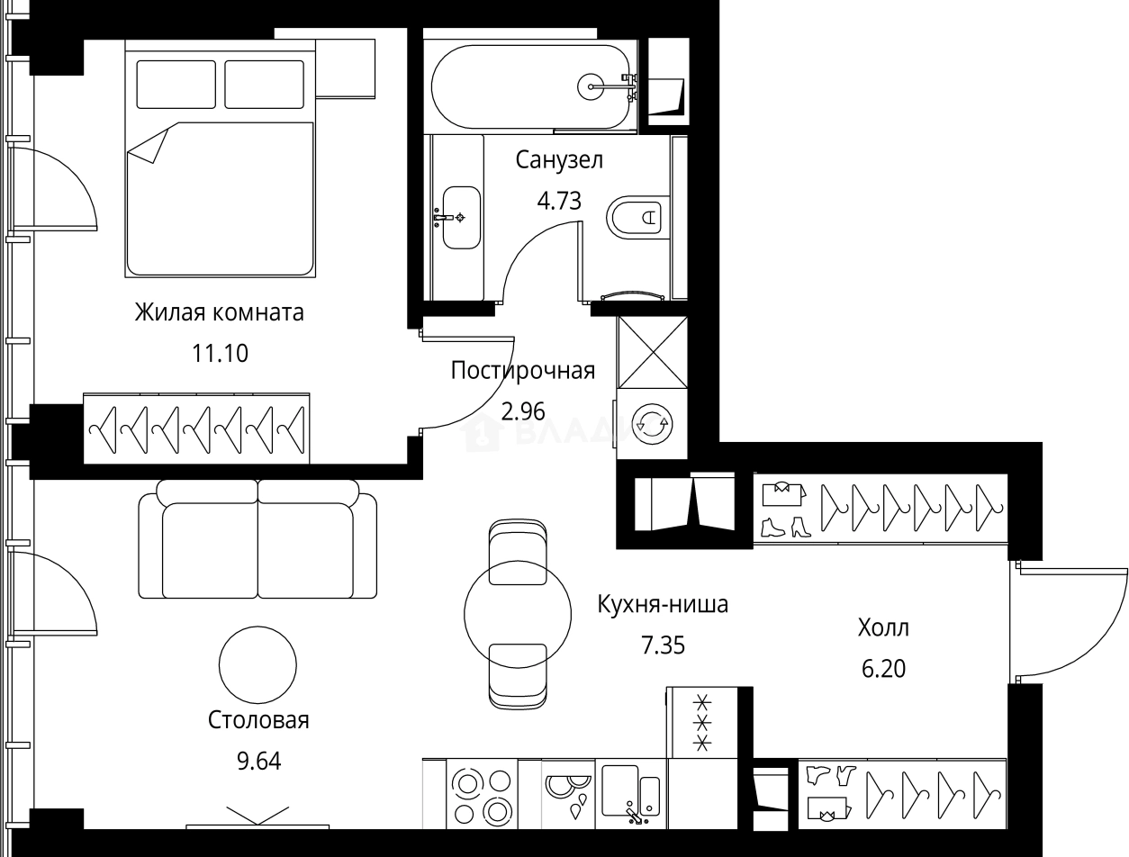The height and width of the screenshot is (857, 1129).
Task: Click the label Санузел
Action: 558,160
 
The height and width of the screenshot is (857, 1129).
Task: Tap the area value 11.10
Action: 219,353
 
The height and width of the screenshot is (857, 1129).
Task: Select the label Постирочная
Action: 522,371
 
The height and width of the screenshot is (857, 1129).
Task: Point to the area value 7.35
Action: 662,645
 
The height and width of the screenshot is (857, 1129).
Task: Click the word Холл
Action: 883,627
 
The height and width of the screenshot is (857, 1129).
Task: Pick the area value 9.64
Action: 258,762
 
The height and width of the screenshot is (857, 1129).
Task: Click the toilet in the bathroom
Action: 637,216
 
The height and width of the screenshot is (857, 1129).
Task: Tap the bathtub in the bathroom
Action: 531,86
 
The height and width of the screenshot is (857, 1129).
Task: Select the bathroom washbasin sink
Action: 461,217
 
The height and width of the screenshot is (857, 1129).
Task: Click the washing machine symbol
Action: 652,423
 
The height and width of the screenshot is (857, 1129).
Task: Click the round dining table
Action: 517,614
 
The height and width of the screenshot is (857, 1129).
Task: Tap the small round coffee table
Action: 257,664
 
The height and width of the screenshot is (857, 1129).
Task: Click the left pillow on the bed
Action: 176,85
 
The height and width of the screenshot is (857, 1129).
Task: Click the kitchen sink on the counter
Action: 630,792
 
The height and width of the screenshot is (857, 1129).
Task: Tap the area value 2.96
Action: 522,411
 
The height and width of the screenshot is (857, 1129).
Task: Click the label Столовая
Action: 258,720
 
